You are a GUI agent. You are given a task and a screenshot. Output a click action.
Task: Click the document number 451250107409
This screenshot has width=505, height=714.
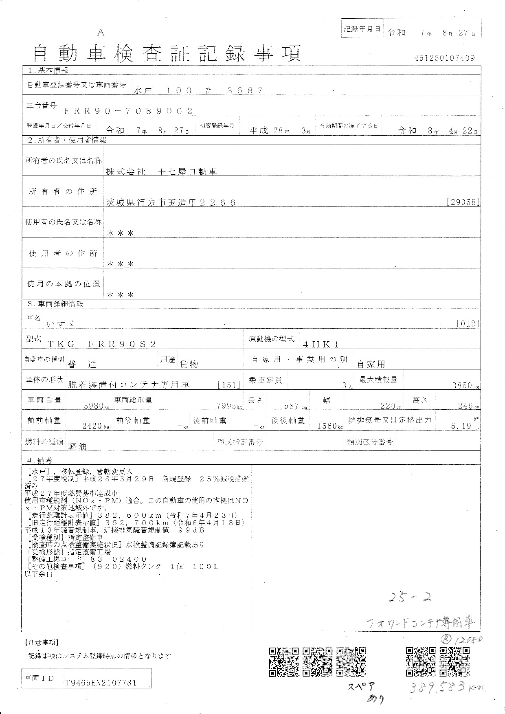(444, 58)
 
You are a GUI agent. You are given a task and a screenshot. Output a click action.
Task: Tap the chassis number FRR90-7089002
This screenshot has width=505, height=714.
(128, 111)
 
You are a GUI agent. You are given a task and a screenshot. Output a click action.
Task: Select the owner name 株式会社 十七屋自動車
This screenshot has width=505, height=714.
(161, 172)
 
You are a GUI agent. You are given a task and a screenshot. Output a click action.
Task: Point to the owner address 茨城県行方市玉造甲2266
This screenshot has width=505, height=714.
(171, 202)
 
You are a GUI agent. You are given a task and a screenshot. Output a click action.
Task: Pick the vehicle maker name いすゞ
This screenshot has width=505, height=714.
(61, 324)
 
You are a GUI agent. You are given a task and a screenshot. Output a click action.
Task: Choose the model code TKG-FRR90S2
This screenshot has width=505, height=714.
(102, 344)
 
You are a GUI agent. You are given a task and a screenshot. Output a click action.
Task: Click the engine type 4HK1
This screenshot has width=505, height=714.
(321, 344)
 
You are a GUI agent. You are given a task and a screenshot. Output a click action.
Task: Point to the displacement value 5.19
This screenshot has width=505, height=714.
(461, 426)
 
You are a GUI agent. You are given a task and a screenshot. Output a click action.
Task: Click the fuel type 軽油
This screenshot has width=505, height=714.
(78, 446)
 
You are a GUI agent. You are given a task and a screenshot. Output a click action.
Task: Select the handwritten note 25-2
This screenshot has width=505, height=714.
(410, 598)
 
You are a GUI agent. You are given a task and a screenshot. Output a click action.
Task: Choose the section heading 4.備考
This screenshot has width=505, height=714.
(40, 460)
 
